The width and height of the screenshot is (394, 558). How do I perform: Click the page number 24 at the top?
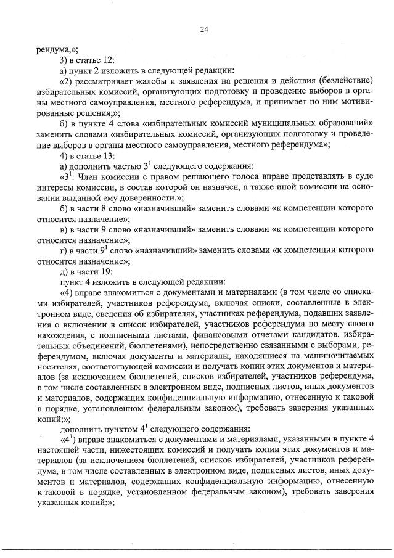tap(204, 29)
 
